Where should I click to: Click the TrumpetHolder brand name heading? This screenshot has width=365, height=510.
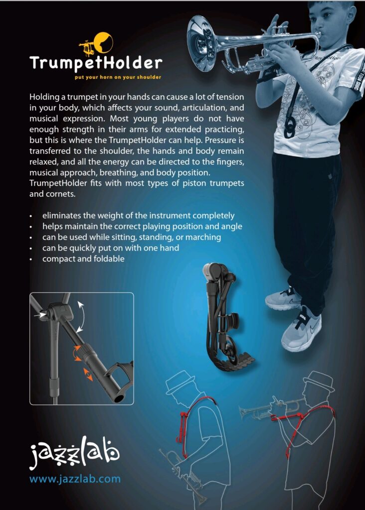pyautogui.click(x=95, y=63)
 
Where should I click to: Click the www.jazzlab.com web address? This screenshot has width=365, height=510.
pyautogui.click(x=75, y=479)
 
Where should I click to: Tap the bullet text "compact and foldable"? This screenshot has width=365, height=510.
pyautogui.click(x=83, y=259)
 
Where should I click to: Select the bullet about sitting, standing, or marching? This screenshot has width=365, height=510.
pyautogui.click(x=132, y=237)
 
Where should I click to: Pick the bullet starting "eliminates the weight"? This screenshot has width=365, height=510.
pyautogui.click(x=138, y=216)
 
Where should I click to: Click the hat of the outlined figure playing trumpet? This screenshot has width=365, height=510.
pyautogui.click(x=319, y=382)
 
